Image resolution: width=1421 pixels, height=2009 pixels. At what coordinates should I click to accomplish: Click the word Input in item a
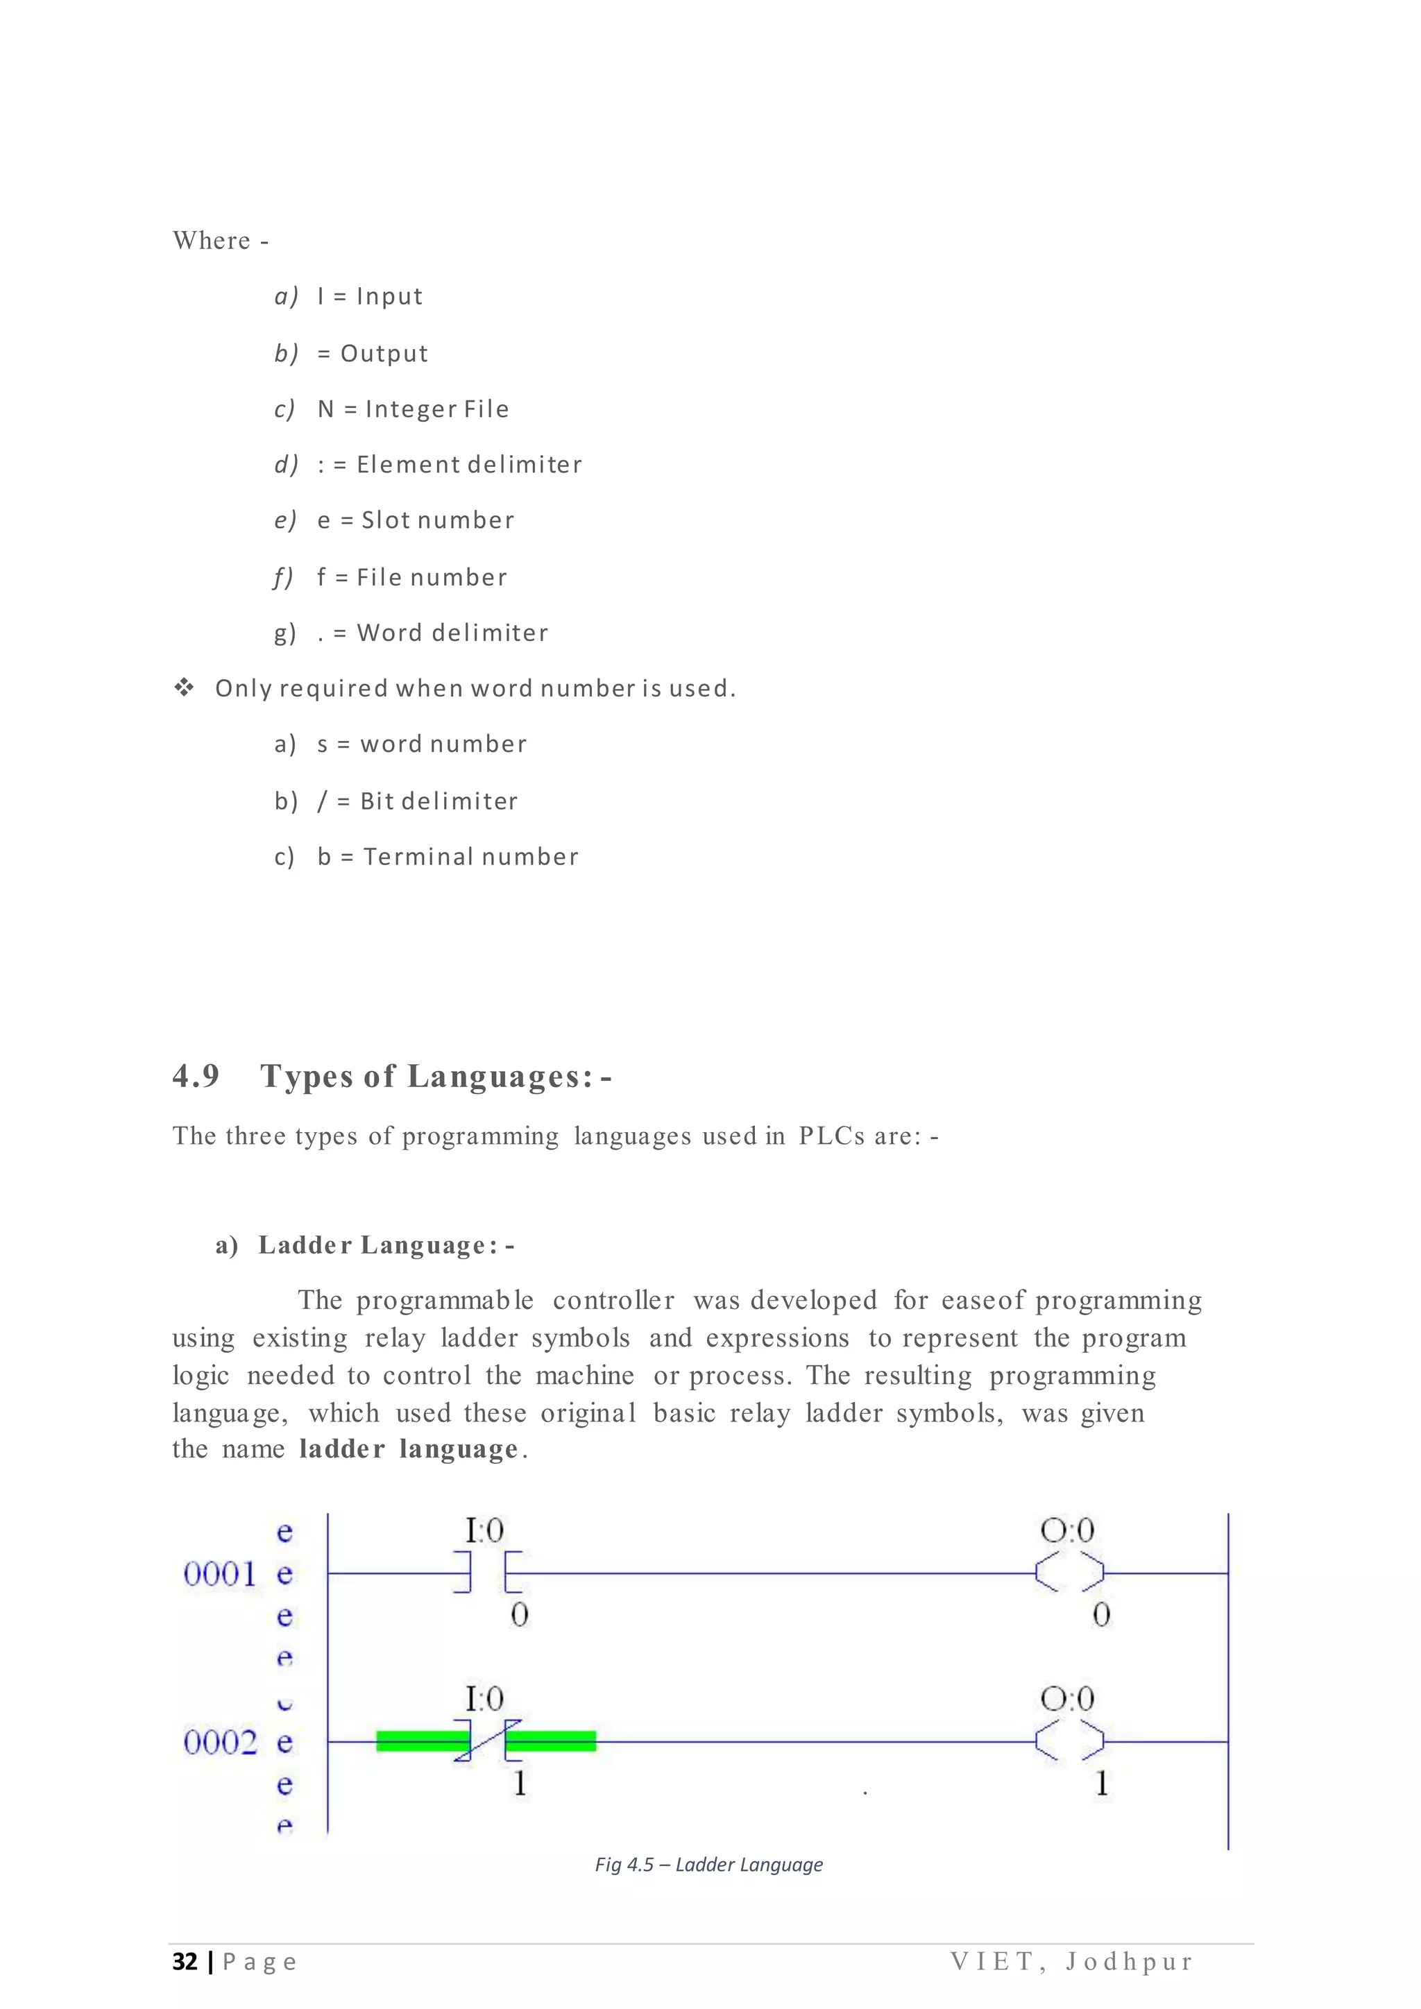pos(389,297)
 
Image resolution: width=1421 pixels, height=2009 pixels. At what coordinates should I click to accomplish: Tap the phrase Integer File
pos(436,409)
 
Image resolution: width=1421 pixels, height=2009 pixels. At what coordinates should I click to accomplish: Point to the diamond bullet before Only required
pos(184,687)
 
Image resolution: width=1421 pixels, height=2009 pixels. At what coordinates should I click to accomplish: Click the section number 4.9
pos(196,1075)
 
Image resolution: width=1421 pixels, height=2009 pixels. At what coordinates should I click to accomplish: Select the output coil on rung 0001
pos(1069,1573)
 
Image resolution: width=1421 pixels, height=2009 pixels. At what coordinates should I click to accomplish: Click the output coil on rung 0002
pos(1069,1741)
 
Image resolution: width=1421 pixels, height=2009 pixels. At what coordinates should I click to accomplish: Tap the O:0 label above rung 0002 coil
pos(1066,1699)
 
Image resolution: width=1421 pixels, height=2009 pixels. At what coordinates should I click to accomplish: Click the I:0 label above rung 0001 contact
pos(484,1530)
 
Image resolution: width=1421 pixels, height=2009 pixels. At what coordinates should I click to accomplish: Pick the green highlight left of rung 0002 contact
pos(420,1741)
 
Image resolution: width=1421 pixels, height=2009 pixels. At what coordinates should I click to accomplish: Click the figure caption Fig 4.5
pos(708,1865)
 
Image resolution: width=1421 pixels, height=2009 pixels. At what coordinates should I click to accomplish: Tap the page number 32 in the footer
pos(185,1962)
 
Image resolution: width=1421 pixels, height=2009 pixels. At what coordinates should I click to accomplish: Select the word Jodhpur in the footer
pos(1129,1962)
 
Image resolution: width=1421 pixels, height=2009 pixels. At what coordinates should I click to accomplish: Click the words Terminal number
pos(470,857)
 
